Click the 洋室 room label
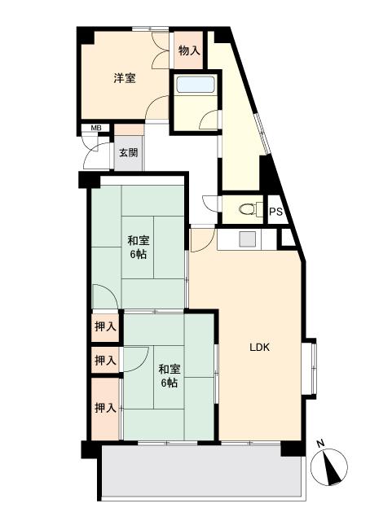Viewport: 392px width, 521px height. click(x=125, y=78)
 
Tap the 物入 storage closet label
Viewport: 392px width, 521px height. click(x=189, y=50)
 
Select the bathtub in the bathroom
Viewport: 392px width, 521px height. click(x=196, y=85)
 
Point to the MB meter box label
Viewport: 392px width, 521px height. click(x=96, y=128)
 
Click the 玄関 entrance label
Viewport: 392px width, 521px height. click(x=129, y=153)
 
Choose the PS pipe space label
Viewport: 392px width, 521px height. click(x=275, y=212)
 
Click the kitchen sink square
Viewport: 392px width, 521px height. click(x=248, y=239)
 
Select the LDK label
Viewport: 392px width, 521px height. click(x=259, y=348)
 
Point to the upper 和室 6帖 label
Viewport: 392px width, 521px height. click(x=139, y=247)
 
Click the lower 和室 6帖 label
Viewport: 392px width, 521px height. click(x=170, y=375)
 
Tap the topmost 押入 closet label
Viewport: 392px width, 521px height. click(x=105, y=326)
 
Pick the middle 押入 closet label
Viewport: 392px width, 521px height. click(x=105, y=360)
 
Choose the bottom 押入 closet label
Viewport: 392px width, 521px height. click(x=105, y=408)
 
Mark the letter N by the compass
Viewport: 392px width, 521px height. click(x=320, y=444)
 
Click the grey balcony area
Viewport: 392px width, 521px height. click(x=203, y=471)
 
